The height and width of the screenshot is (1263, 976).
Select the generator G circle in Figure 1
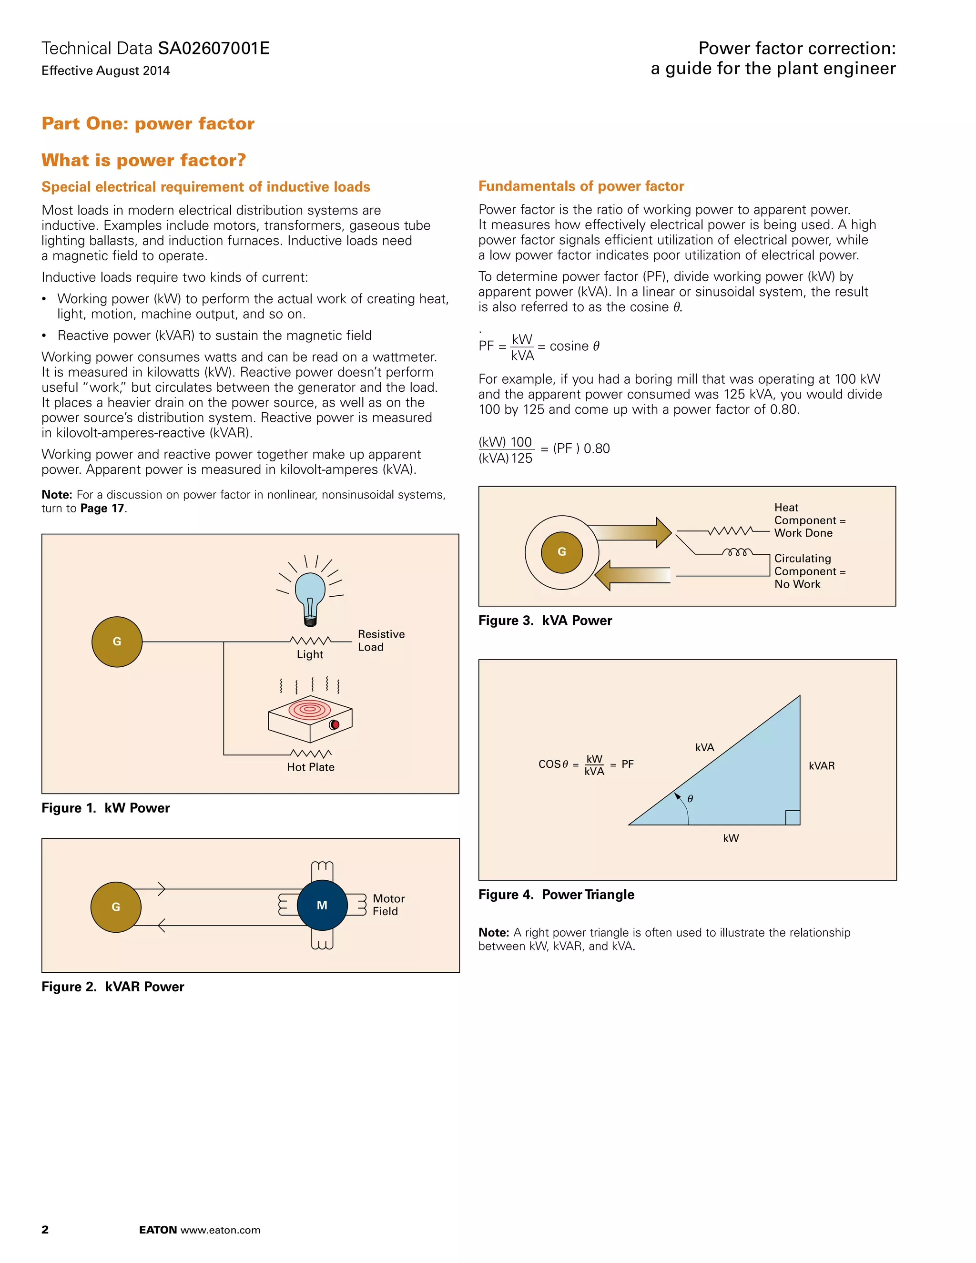pyautogui.click(x=117, y=642)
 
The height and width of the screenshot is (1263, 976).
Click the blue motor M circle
pyautogui.click(x=322, y=905)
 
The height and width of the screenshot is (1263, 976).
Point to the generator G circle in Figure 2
pyautogui.click(x=116, y=907)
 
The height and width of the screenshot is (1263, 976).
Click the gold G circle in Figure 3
pyautogui.click(x=561, y=552)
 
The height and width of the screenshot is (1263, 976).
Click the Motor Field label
pyautogui.click(x=388, y=905)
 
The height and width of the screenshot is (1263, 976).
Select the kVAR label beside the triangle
pyautogui.click(x=821, y=766)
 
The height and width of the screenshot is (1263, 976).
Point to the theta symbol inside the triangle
pyautogui.click(x=690, y=799)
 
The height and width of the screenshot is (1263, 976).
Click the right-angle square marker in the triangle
pyautogui.click(x=793, y=818)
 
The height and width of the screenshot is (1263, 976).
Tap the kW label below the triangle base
pyautogui.click(x=731, y=838)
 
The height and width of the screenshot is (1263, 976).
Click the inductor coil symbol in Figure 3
pyautogui.click(x=737, y=552)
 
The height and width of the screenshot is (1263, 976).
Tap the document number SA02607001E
pyautogui.click(x=213, y=48)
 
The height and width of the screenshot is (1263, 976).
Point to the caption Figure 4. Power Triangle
pyautogui.click(x=556, y=895)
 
